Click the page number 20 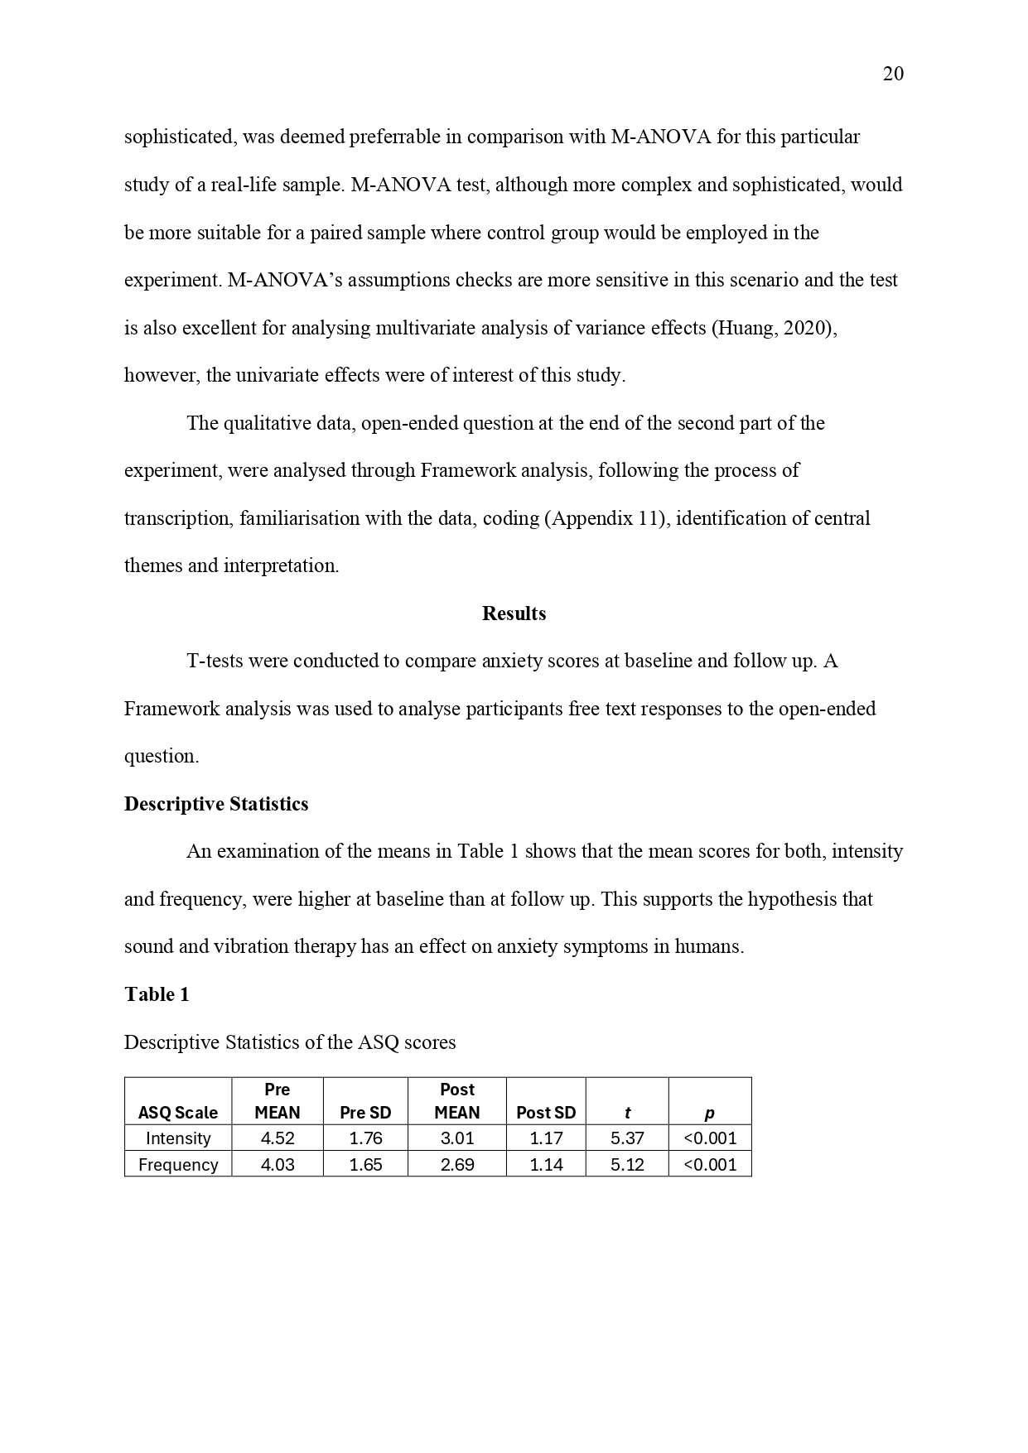(893, 75)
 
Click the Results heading (514, 613)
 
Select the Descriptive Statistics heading (216, 804)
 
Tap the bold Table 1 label (157, 994)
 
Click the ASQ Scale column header (178, 1113)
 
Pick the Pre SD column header (365, 1113)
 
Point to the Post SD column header (546, 1113)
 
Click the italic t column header (627, 1113)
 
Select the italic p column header (709, 1113)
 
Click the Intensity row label (178, 1138)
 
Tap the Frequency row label (178, 1165)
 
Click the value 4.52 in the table (278, 1138)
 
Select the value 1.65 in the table (365, 1165)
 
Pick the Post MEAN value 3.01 (457, 1138)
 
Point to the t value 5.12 (627, 1165)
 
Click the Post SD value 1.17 (546, 1138)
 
